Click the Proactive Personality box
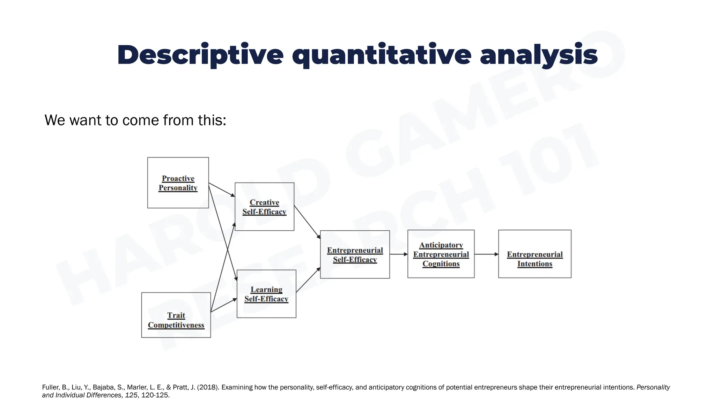coord(178,183)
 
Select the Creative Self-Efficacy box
coord(264,207)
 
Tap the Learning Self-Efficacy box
coord(266,294)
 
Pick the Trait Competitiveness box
coord(176,315)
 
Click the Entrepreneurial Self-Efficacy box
coord(355,254)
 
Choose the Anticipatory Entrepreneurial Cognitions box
coord(441,254)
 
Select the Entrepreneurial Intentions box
coord(535,254)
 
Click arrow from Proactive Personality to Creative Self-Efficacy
coord(222,190)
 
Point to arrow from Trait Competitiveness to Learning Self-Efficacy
coord(224,305)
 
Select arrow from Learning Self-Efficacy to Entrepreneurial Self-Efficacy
coord(308,280)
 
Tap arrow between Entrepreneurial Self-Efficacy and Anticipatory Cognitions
coord(398,254)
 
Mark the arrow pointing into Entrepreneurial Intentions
coord(486,254)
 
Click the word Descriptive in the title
coord(200,55)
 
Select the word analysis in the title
coord(539,55)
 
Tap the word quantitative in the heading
coord(382,55)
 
